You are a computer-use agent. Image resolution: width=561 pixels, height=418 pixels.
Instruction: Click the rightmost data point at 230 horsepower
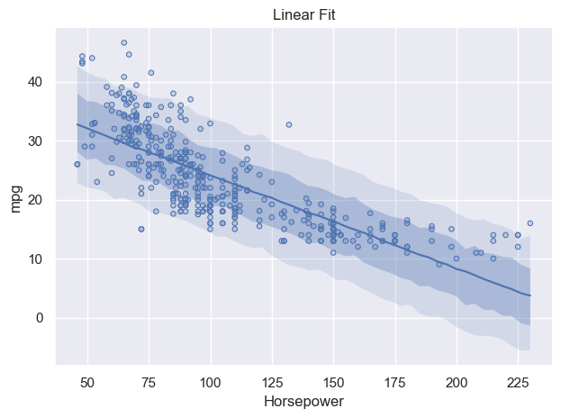[x=530, y=223]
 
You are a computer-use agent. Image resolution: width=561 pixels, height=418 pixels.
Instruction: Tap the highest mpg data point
[x=124, y=42]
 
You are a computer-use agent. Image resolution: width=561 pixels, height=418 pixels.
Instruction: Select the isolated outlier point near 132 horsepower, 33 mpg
[x=289, y=124]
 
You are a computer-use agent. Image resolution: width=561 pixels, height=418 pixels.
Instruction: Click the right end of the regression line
[x=530, y=295]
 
